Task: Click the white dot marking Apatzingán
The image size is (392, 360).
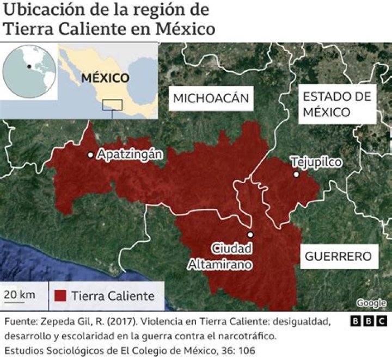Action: point(90,154)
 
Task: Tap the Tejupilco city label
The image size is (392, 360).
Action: point(316,162)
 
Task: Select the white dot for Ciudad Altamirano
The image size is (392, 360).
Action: point(250,234)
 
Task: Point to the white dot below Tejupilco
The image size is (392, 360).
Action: point(296,175)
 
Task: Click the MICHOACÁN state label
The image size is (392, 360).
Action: point(211,98)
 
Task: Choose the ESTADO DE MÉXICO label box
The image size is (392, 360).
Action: point(337,104)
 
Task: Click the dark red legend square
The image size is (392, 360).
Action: point(60,296)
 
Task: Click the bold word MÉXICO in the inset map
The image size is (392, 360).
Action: point(105,78)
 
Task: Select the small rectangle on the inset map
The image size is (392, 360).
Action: point(113,104)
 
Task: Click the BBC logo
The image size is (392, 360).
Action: point(369,321)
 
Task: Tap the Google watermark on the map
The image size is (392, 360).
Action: point(371,303)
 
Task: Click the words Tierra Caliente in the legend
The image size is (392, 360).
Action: point(113,296)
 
